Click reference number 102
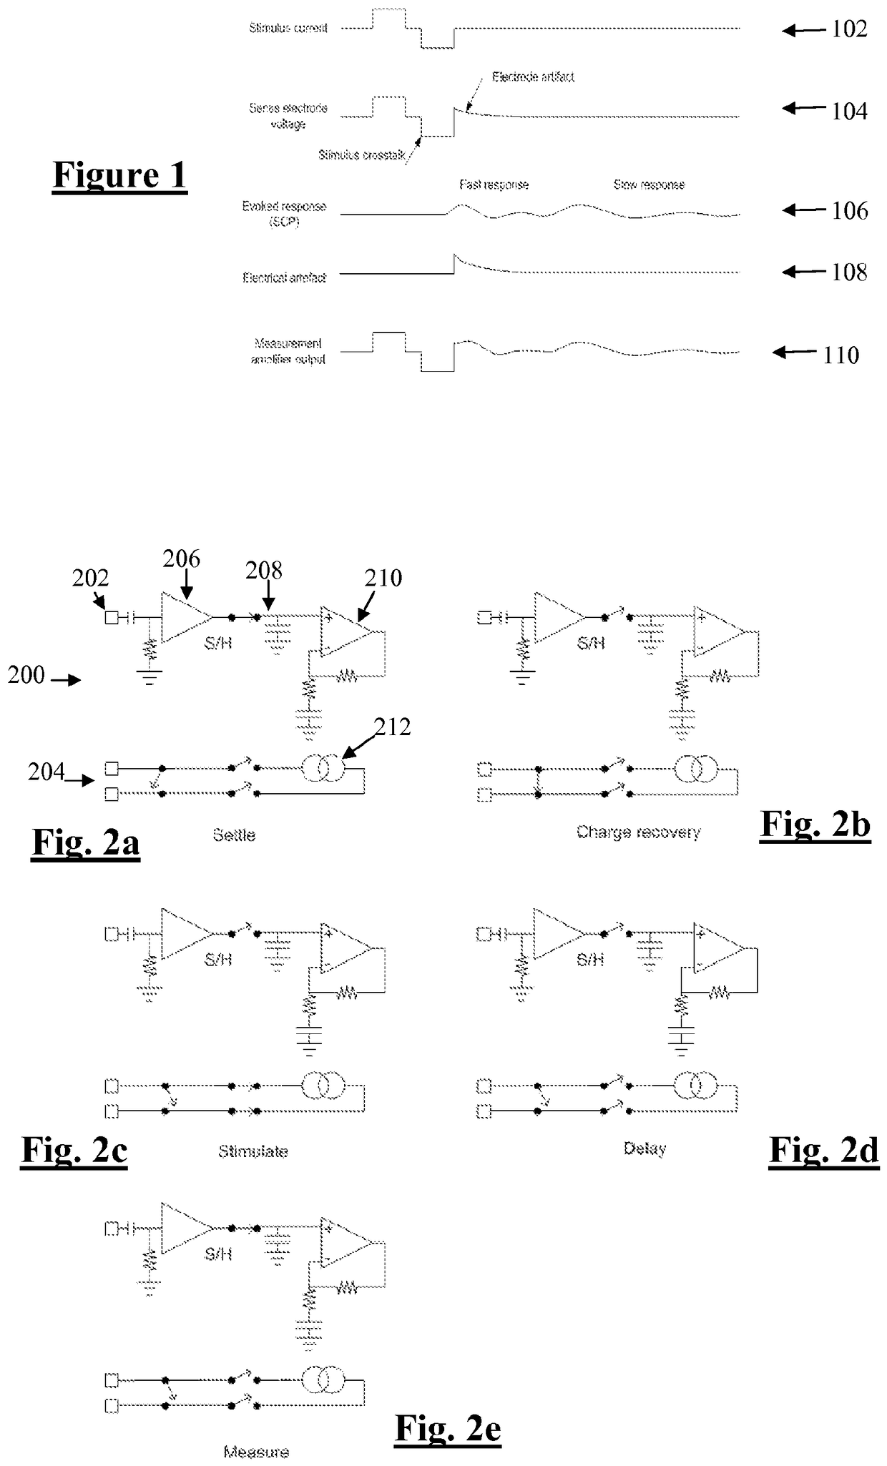click(x=849, y=29)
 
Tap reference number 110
click(x=841, y=355)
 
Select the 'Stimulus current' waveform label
click(x=288, y=28)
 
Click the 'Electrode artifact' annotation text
click(x=533, y=77)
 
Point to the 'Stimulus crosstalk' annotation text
click(x=362, y=154)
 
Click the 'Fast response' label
click(x=494, y=185)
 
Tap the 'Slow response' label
click(x=649, y=185)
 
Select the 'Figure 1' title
click(x=119, y=175)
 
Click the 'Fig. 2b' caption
click(x=815, y=825)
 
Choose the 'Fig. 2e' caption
click(x=448, y=1429)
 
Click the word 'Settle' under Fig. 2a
click(x=234, y=835)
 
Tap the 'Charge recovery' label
click(x=638, y=832)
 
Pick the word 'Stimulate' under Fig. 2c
click(x=253, y=1151)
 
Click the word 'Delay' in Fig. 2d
click(x=645, y=1148)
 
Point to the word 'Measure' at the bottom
click(x=256, y=1452)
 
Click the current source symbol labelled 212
click(x=323, y=769)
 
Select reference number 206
click(x=181, y=559)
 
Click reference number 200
click(x=26, y=674)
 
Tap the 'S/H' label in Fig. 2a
click(x=218, y=643)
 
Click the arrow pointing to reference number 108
click(x=803, y=272)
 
